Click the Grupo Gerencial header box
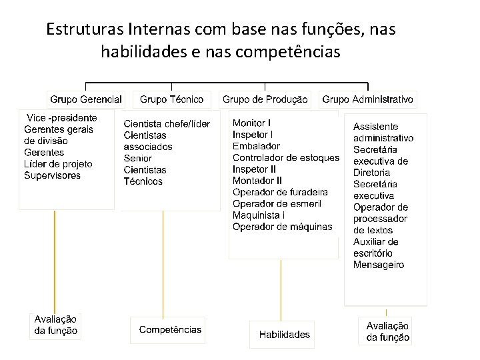click(86, 99)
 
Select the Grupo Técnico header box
click(172, 99)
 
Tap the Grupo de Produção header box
click(265, 99)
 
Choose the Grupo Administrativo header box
click(367, 99)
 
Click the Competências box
click(170, 329)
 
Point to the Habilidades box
click(285, 334)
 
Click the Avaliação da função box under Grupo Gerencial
click(56, 325)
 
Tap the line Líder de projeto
click(58, 164)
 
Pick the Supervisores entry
click(52, 176)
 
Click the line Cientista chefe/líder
click(167, 124)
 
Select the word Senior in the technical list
click(138, 158)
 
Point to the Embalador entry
click(256, 146)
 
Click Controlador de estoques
click(285, 158)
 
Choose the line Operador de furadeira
click(280, 192)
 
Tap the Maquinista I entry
click(259, 215)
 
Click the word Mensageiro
click(379, 265)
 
